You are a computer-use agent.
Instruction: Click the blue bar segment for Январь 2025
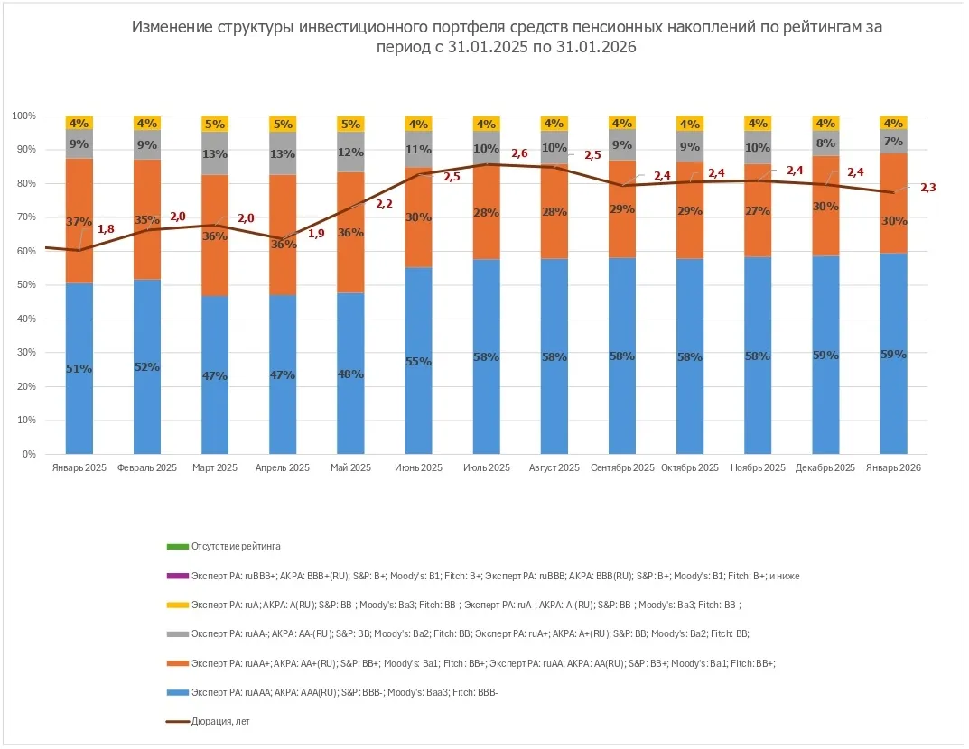[79, 397]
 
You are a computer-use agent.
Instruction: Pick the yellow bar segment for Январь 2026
[892, 123]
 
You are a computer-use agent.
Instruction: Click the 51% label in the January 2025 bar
[79, 368]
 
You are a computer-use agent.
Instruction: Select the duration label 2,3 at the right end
[928, 188]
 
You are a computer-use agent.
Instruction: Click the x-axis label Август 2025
[554, 468]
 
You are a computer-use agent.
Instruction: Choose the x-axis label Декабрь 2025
[825, 468]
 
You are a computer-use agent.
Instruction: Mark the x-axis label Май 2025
[350, 468]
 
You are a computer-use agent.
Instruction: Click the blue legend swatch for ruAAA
[177, 692]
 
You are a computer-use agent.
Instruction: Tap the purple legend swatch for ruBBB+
[177, 576]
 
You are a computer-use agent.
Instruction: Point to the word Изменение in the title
[172, 27]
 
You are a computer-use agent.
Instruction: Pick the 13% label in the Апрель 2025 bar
[283, 154]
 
